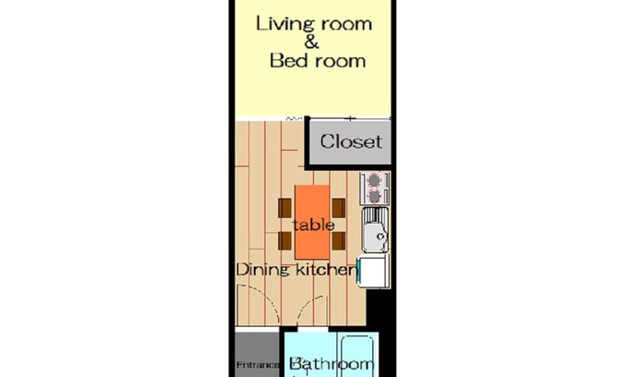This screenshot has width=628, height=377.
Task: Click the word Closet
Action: pos(351,141)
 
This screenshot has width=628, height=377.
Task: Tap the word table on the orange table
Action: pos(314,225)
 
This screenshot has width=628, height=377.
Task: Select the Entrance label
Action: pos(258,365)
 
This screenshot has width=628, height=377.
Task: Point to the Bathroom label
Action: pos(332,364)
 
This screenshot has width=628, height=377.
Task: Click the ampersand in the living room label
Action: pos(311,42)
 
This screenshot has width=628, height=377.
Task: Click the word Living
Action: pos(283,24)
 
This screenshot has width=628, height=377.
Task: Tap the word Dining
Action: pos(262,269)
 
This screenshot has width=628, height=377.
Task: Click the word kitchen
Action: pos(325,270)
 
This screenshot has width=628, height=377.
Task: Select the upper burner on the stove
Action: pos(374,181)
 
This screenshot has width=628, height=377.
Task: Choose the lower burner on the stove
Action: pos(374,196)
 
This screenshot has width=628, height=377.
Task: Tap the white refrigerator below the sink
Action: pos(374,272)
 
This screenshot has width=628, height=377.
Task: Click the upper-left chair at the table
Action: pos(284,208)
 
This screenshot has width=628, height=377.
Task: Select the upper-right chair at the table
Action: pos(339,208)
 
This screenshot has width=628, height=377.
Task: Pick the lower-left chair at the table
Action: pos(284,241)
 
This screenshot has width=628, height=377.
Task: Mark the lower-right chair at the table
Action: pos(339,241)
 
